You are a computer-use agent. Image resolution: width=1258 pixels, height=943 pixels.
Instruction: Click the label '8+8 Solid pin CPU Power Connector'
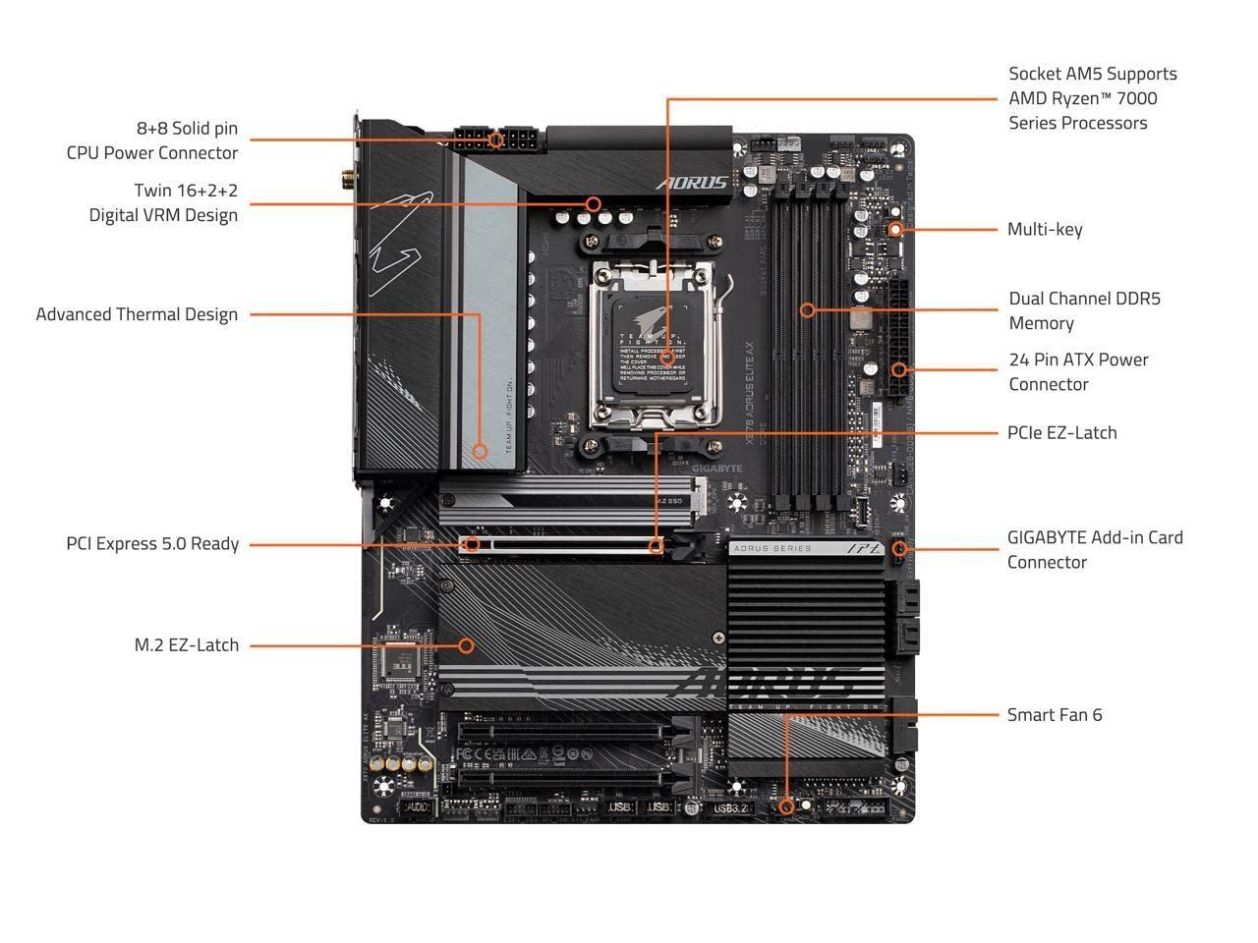[152, 140]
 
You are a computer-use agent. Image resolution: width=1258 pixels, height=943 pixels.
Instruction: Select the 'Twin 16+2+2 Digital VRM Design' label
[163, 202]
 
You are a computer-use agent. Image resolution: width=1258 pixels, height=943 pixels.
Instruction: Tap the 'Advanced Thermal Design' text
[137, 314]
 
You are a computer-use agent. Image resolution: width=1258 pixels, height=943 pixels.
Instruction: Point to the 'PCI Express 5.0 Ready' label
[152, 543]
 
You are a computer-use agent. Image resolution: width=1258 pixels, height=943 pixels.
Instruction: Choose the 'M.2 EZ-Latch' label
[187, 645]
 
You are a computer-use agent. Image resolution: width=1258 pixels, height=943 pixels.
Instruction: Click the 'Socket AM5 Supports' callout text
[1092, 74]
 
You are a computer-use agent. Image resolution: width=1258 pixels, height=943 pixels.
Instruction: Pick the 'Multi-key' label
[1045, 229]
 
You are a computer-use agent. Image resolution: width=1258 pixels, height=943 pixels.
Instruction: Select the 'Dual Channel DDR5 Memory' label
[1084, 310]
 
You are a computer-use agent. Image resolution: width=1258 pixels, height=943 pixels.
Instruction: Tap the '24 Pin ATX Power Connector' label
[1078, 371]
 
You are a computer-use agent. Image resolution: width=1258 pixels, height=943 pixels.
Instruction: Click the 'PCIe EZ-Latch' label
[1061, 432]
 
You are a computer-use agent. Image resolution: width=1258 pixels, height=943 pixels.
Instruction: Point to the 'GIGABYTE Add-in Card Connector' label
[1095, 549]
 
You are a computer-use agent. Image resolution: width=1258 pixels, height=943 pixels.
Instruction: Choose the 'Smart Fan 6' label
[1055, 714]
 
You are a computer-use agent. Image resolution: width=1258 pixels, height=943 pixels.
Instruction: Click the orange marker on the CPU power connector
[496, 139]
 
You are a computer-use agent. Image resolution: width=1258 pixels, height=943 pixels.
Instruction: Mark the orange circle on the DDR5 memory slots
[807, 309]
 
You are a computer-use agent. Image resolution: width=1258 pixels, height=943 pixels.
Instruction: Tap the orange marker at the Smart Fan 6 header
[785, 806]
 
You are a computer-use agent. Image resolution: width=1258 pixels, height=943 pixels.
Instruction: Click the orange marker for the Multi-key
[894, 229]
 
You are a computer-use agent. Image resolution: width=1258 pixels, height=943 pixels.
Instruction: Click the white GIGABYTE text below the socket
[717, 469]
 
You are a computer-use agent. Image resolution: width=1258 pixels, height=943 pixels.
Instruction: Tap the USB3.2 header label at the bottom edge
[730, 807]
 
